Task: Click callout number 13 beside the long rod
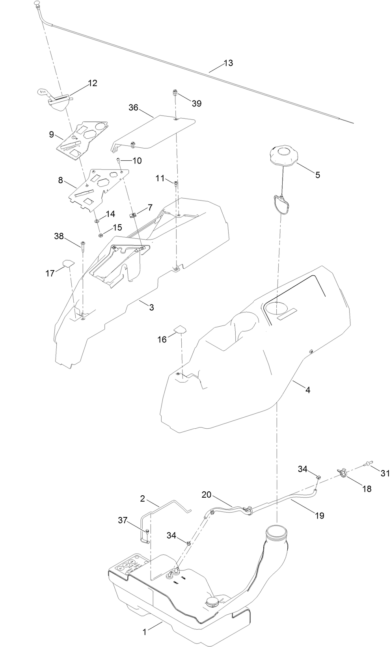228,63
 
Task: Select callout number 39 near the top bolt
196,103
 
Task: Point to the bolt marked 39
175,93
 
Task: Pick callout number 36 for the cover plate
133,107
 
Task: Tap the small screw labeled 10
118,160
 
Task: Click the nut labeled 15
101,236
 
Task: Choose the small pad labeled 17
68,263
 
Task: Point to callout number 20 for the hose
207,495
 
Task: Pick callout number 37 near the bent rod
123,521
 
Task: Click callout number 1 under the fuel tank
144,632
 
